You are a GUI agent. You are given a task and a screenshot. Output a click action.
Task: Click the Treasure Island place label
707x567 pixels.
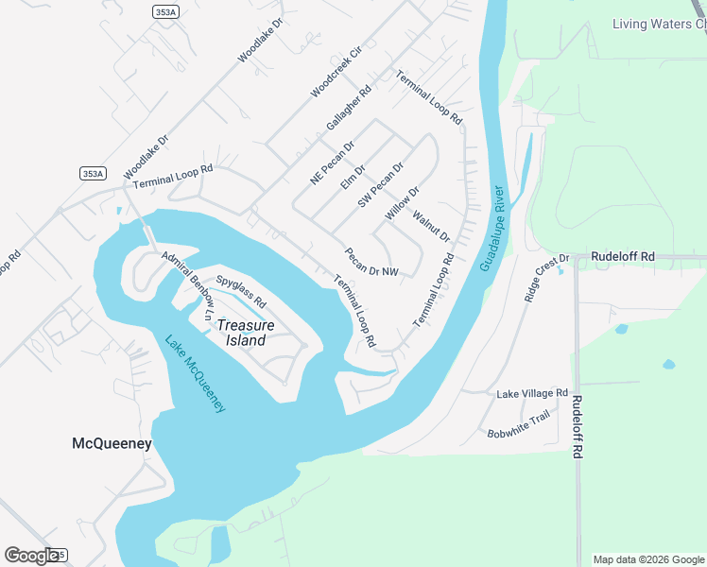click(246, 333)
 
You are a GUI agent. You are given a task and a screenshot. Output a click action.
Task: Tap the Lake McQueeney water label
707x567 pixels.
click(195, 374)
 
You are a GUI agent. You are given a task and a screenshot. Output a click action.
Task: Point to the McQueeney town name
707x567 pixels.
click(112, 443)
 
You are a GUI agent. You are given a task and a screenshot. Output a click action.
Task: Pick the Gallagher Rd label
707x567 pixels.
click(349, 110)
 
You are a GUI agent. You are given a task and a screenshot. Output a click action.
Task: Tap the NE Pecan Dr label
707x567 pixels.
click(331, 163)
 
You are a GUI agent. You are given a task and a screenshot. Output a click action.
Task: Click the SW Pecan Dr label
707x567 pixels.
click(381, 185)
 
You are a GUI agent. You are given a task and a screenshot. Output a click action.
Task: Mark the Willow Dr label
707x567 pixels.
click(402, 204)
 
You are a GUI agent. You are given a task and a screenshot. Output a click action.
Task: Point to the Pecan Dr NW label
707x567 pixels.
click(371, 263)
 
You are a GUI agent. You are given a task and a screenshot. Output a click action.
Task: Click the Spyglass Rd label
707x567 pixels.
click(241, 292)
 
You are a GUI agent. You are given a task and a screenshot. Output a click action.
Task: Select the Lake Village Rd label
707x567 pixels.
click(532, 393)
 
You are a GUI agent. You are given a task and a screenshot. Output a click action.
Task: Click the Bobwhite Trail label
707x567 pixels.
click(518, 423)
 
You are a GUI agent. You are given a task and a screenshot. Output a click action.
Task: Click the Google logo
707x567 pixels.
click(31, 555)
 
